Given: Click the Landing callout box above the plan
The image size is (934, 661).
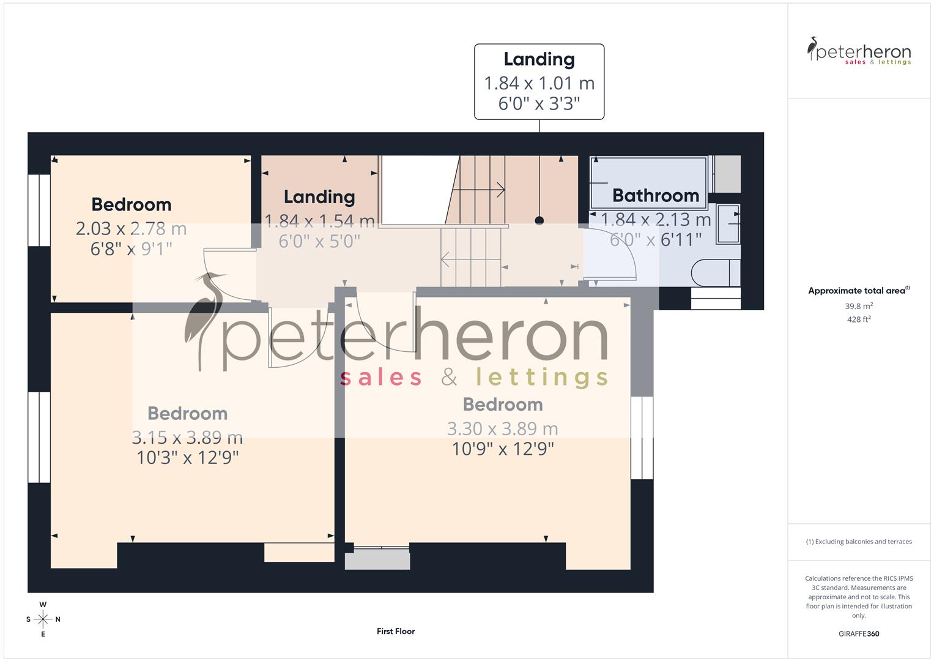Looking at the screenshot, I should click(x=539, y=81).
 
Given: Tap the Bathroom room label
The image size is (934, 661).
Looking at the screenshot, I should click(x=655, y=195).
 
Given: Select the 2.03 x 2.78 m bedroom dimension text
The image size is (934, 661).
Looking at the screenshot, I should click(x=131, y=228).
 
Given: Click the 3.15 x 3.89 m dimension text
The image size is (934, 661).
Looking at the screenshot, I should click(x=187, y=437).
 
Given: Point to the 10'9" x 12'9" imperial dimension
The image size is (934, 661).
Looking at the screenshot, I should click(x=502, y=449).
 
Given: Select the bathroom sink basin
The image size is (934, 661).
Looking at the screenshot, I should click(x=728, y=224).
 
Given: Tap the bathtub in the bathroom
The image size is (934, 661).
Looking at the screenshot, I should click(x=648, y=182).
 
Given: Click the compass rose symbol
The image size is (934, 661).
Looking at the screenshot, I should click(x=43, y=619).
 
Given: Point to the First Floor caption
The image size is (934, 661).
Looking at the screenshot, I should click(x=396, y=631).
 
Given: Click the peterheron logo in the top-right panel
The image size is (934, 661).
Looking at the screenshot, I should click(x=859, y=51).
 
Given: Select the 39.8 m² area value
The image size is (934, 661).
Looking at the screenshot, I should click(x=859, y=306).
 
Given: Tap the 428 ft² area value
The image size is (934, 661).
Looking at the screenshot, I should click(x=859, y=319).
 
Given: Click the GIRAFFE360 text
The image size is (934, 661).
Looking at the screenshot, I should click(x=859, y=633).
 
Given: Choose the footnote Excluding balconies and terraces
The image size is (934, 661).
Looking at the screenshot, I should click(x=859, y=542).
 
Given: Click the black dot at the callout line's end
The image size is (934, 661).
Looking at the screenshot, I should click(x=539, y=220).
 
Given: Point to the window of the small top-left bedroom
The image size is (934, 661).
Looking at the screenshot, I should click(x=39, y=210).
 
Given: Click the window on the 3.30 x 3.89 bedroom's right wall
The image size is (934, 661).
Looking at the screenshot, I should click(x=642, y=438).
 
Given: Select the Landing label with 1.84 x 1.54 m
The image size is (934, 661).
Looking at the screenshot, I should click(x=319, y=196).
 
